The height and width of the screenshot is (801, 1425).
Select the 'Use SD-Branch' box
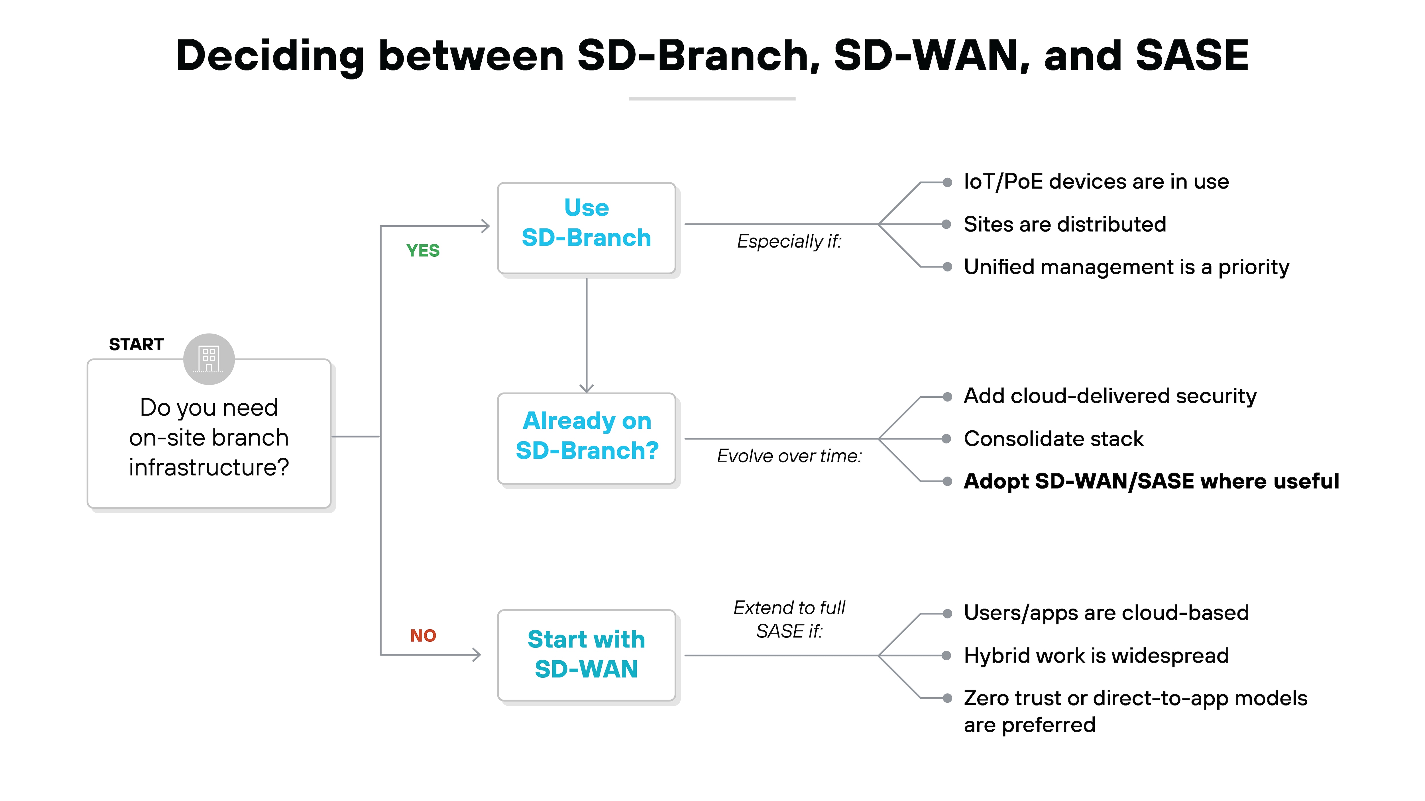pyautogui.click(x=586, y=228)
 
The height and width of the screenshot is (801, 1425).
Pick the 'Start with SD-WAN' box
pyautogui.click(x=586, y=655)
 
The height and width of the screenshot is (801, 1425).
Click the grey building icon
pyautogui.click(x=209, y=359)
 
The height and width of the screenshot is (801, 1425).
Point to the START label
pyautogui.click(x=136, y=344)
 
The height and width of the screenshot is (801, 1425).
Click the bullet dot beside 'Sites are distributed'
pyautogui.click(x=947, y=224)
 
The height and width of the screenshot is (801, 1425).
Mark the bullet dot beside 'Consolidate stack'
pyautogui.click(x=947, y=439)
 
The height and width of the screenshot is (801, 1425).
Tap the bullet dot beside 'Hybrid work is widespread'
pyautogui.click(x=947, y=656)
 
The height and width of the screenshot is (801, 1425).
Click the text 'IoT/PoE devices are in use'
pyautogui.click(x=1096, y=182)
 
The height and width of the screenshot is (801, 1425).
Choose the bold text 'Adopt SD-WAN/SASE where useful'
pyautogui.click(x=1151, y=481)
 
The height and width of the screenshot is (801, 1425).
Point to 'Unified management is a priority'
pyautogui.click(x=1126, y=267)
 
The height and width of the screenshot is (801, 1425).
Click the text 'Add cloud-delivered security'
pyautogui.click(x=1110, y=396)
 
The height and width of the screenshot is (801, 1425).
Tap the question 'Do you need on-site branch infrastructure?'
pyautogui.click(x=209, y=437)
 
